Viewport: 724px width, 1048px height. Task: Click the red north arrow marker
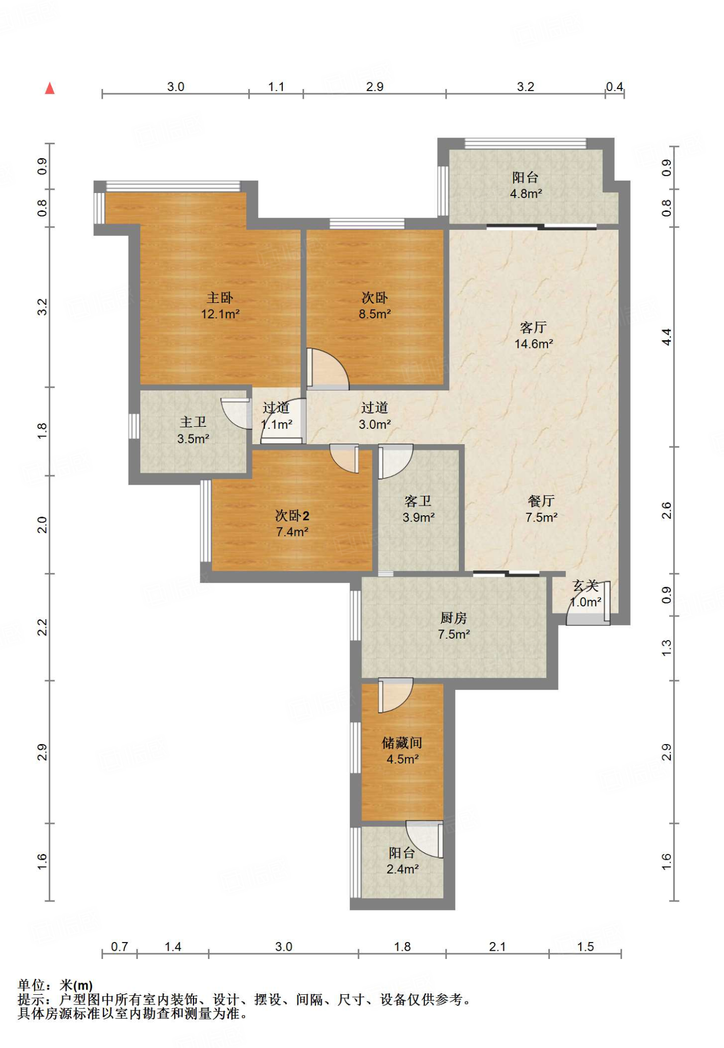coord(50,89)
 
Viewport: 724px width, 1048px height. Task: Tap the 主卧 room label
coord(220,297)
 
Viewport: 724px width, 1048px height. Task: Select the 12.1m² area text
coord(220,314)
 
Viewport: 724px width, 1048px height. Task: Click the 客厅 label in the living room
coord(533,327)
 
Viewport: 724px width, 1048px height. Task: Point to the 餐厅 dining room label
coord(541,500)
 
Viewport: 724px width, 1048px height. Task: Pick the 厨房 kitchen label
coord(454,618)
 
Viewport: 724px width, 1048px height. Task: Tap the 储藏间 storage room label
coord(402,743)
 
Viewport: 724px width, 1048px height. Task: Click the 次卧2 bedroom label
coord(292,515)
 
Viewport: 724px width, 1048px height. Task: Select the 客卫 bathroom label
coord(418,500)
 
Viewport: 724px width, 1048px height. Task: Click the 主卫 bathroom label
coord(193,422)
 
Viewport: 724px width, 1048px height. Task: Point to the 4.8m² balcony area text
coord(526,193)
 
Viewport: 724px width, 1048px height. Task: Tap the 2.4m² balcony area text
coord(402,869)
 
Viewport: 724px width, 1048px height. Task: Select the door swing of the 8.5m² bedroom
coord(328,368)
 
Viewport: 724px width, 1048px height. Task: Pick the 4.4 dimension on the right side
coord(666,337)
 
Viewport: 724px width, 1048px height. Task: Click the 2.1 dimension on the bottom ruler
coord(497,947)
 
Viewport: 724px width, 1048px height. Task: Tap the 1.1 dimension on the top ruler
coord(276,86)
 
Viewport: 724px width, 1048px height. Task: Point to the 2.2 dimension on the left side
coord(42,627)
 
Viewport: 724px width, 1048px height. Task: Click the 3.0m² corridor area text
coord(375,424)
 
